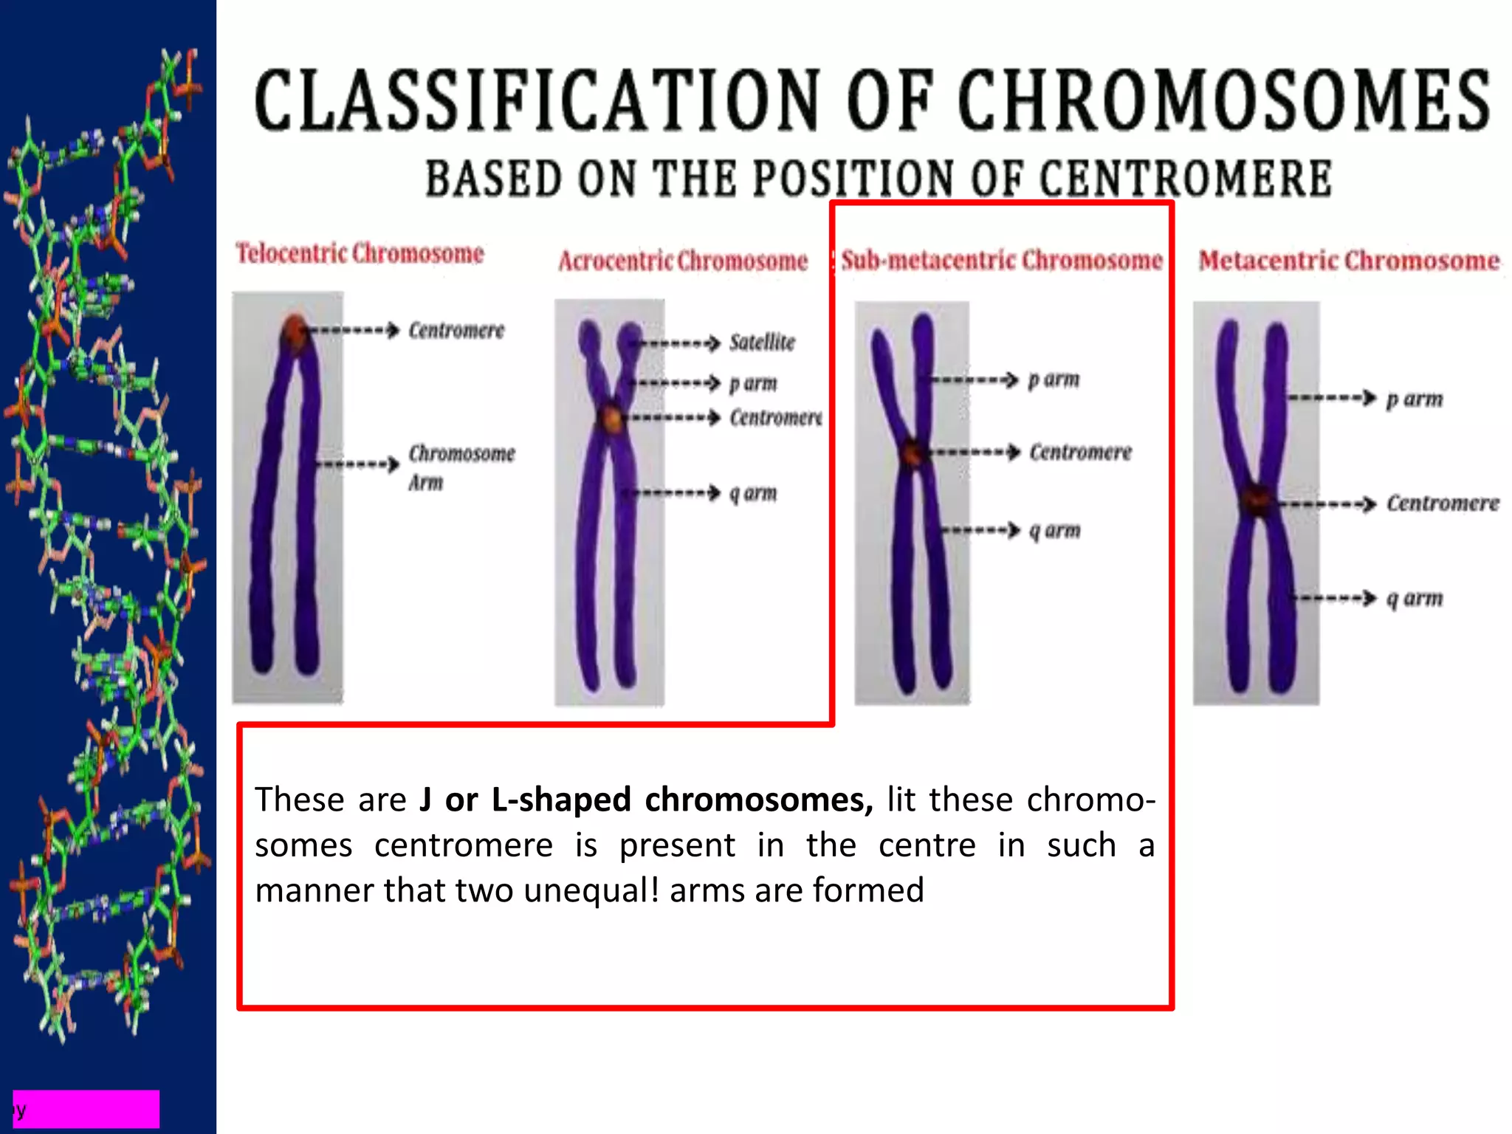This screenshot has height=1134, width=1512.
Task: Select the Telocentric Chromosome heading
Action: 360,253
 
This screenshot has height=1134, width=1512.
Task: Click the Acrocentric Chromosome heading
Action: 683,261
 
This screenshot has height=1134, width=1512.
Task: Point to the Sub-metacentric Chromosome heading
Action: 1002,260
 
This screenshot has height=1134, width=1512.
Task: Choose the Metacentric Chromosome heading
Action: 1349,261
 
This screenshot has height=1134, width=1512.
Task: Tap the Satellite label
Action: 762,343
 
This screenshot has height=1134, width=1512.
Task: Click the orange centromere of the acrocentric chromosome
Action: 612,419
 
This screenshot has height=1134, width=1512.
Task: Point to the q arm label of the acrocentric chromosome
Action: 753,492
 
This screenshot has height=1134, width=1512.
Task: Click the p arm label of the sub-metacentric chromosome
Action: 1054,379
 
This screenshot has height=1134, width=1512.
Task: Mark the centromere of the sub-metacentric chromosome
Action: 913,452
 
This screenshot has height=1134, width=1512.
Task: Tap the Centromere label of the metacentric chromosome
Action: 1443,504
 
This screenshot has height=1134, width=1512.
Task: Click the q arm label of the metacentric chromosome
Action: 1414,598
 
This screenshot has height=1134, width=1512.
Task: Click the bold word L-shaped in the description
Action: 561,800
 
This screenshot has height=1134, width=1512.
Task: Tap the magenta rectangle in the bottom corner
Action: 86,1109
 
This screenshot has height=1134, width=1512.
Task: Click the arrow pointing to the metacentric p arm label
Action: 1333,399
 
